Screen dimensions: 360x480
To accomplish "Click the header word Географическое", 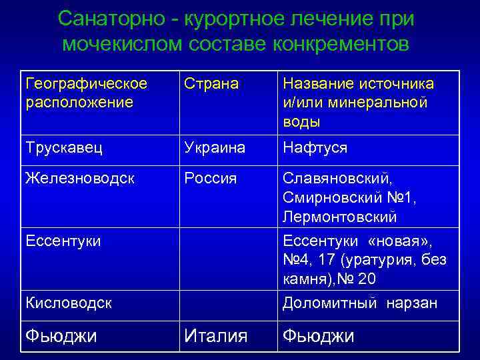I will [x=87, y=84].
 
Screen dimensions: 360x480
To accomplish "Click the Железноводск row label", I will [x=80, y=179].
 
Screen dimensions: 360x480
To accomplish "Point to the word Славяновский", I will [x=337, y=179].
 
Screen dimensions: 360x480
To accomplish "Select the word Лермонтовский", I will [x=339, y=218].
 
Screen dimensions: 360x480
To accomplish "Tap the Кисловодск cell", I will [x=68, y=303].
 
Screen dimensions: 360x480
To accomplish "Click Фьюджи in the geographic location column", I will [x=61, y=336].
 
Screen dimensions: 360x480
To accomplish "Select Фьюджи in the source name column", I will [x=318, y=336].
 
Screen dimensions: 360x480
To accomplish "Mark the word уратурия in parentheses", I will [x=377, y=260].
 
